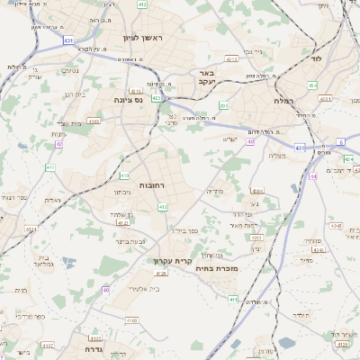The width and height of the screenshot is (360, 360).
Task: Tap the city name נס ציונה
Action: pyautogui.click(x=127, y=101)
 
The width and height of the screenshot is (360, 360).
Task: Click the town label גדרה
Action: pyautogui.click(x=94, y=347)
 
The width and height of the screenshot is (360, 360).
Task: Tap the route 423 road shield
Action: pyautogui.click(x=156, y=98)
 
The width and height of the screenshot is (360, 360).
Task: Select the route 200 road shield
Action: pyautogui.click(x=223, y=106)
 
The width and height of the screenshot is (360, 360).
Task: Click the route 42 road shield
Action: pyautogui.click(x=59, y=144)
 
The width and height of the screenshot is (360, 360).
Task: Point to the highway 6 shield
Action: pyautogui.click(x=340, y=142)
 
